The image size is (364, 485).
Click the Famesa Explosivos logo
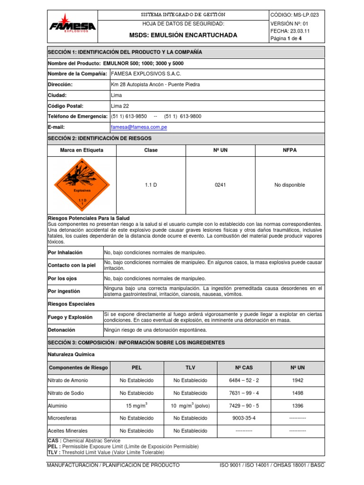click(73, 27)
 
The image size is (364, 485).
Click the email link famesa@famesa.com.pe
click(138, 127)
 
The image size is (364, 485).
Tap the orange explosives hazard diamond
click(82, 185)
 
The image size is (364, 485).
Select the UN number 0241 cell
click(220, 185)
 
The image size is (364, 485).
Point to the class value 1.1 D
click(151, 185)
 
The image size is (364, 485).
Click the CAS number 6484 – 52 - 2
click(244, 380)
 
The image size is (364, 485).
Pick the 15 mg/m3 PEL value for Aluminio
click(136, 405)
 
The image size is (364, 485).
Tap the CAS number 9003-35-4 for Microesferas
click(244, 418)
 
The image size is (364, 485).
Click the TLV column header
click(190, 368)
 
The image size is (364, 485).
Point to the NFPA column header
click(290, 150)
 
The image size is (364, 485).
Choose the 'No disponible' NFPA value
click(290, 185)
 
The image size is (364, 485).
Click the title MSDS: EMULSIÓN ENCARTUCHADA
click(183, 36)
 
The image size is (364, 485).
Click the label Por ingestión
click(64, 291)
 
